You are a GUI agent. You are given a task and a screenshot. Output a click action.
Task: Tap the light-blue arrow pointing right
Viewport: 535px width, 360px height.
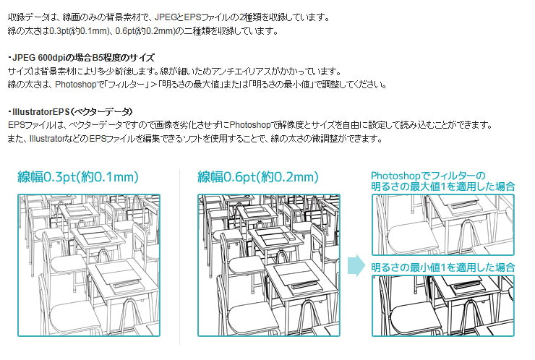click(356, 265)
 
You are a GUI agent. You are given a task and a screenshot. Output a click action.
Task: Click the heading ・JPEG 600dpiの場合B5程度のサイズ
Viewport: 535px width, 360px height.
click(80, 57)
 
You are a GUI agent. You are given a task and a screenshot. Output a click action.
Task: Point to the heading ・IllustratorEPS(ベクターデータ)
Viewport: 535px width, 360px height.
click(70, 111)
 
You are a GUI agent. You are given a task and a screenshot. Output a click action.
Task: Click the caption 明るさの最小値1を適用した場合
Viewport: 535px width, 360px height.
click(442, 267)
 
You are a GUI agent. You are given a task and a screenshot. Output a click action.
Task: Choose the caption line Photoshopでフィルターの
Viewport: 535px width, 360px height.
click(427, 176)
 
